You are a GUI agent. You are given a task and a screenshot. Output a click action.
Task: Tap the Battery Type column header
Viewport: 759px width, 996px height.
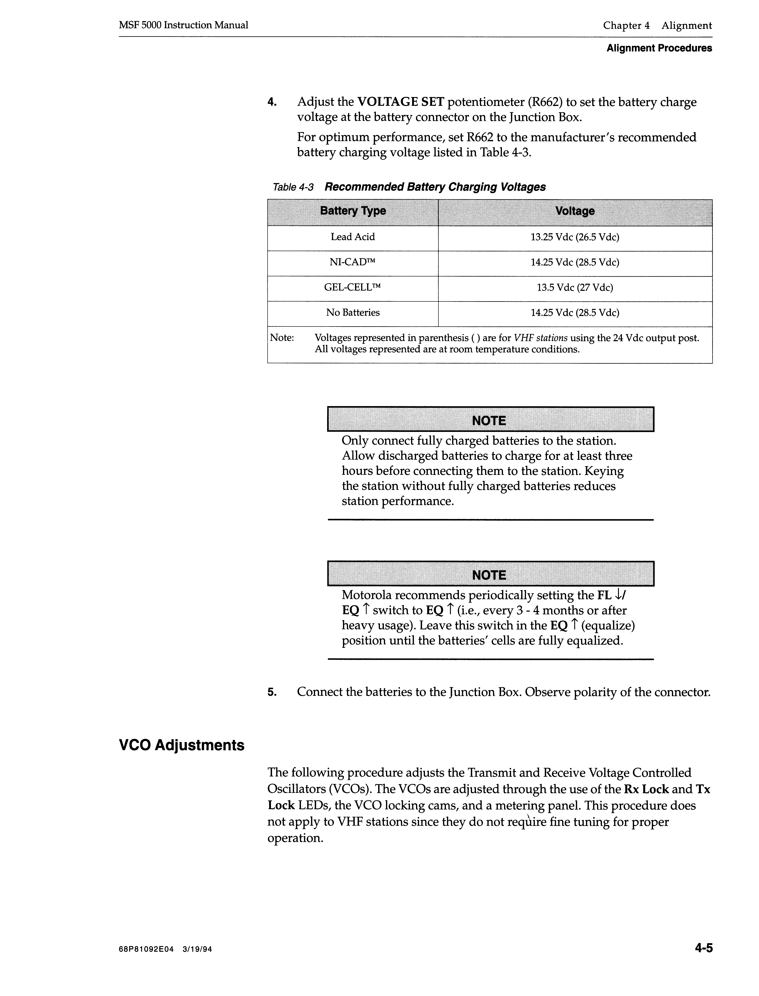click(353, 211)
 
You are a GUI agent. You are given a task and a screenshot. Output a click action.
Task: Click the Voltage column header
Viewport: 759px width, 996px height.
click(575, 211)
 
